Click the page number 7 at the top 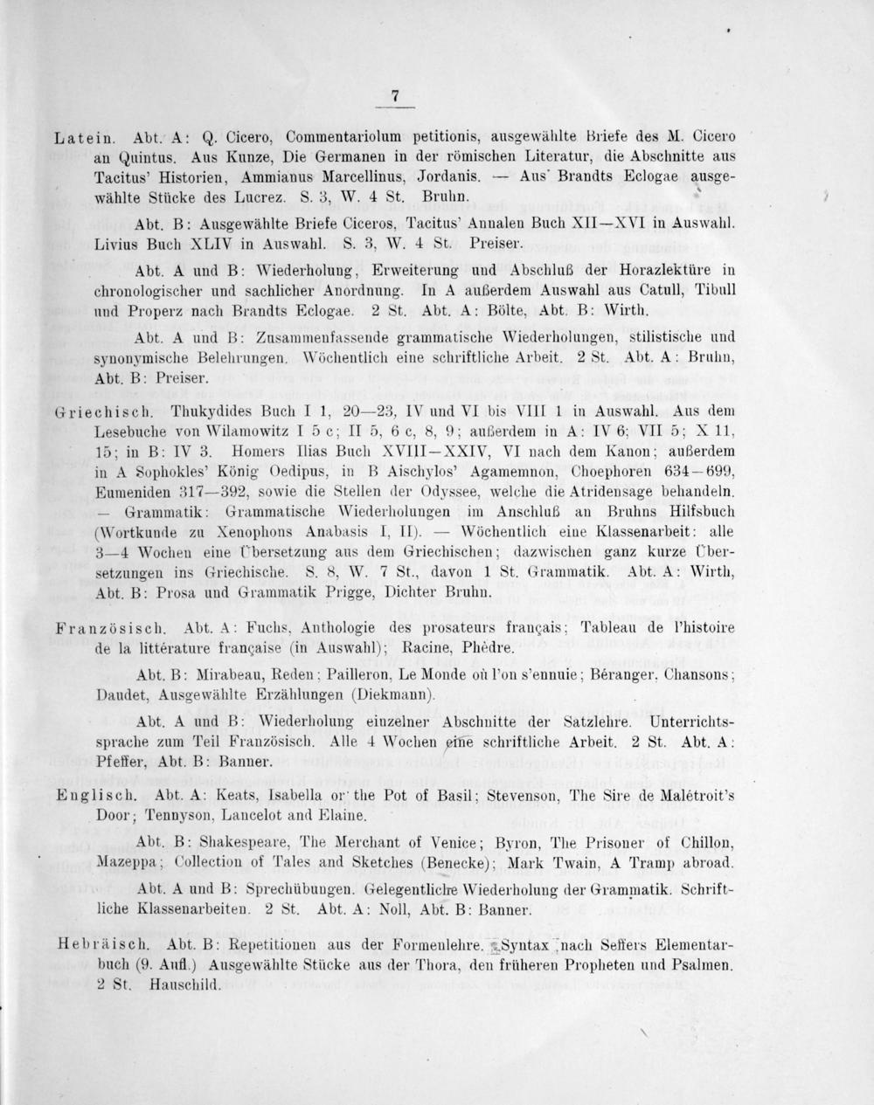395,97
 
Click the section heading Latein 83,137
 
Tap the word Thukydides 207,410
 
